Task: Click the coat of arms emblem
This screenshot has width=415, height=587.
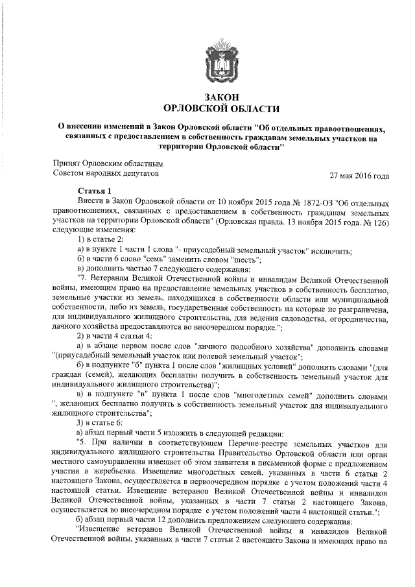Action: [x=207, y=60]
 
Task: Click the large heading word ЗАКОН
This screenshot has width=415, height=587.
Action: [x=207, y=97]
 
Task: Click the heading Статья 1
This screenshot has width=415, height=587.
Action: [x=95, y=191]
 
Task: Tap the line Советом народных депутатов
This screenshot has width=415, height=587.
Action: [x=104, y=174]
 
